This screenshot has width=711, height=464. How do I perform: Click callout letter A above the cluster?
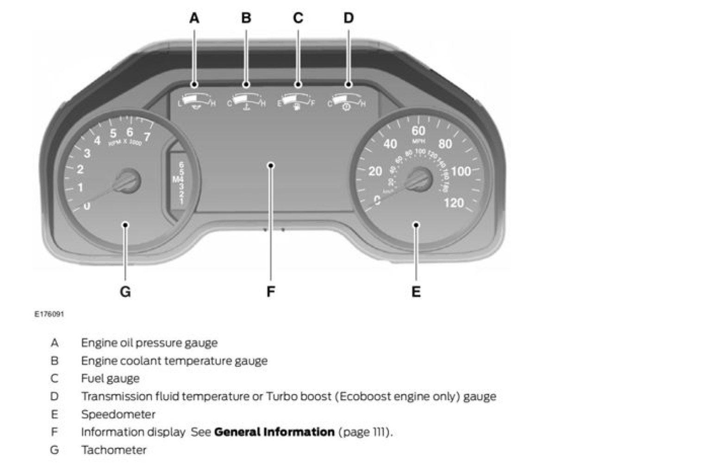[x=194, y=18]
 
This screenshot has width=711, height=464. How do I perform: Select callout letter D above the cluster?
[x=349, y=18]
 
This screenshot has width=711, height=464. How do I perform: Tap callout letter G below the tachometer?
[x=125, y=292]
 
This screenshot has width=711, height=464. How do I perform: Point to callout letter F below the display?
[x=271, y=292]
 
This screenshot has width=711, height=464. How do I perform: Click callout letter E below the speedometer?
[x=416, y=292]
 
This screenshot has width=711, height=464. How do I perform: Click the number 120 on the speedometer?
[x=453, y=202]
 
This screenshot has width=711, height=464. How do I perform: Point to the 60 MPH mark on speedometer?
[x=418, y=131]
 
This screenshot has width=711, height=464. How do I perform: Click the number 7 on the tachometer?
[x=147, y=137]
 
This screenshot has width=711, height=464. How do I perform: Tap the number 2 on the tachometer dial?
[x=81, y=169]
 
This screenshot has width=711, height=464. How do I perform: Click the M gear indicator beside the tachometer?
[x=175, y=179]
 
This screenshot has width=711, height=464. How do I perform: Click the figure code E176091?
[x=49, y=314]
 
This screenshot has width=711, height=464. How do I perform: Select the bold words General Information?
[x=274, y=432]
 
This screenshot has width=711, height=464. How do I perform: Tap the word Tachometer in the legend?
[x=114, y=450]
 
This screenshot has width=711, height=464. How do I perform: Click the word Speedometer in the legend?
[x=118, y=414]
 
